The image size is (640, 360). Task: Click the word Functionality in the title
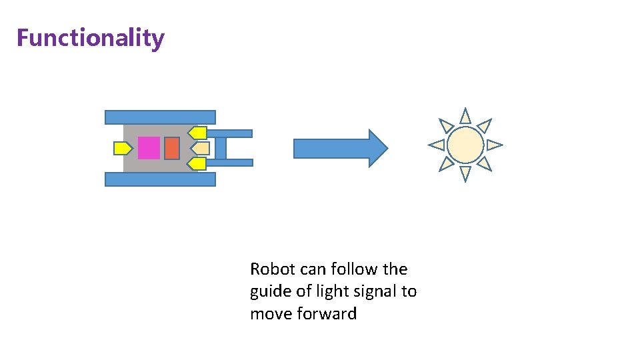click(90, 38)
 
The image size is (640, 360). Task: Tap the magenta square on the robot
click(149, 147)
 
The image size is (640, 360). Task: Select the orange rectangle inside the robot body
click(171, 147)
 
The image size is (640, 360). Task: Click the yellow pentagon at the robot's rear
click(123, 148)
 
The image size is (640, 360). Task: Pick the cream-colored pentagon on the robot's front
click(201, 147)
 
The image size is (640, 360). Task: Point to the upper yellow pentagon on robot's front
click(197, 133)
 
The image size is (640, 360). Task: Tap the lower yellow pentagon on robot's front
click(197, 163)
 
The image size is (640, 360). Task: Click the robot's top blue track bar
click(160, 117)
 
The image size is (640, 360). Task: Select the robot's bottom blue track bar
click(160, 179)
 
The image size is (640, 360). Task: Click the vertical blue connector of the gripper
click(221, 147)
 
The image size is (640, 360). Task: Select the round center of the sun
click(465, 145)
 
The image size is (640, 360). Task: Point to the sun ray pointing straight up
click(465, 116)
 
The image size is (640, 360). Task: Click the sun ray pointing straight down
click(465, 173)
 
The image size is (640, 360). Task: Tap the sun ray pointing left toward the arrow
click(437, 144)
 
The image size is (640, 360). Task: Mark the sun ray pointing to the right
click(494, 144)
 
